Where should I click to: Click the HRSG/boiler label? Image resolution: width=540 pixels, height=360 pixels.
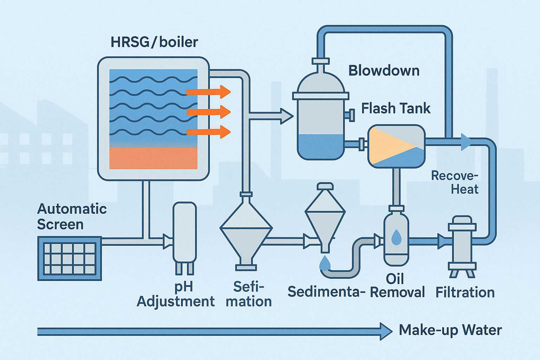[154, 42]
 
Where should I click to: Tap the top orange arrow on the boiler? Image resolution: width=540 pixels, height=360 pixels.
[208, 92]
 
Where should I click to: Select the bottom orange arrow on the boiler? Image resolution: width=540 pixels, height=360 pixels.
[208, 132]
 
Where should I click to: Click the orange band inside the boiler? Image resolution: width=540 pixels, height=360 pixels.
[153, 158]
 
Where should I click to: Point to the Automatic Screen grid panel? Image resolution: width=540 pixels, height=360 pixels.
[70, 258]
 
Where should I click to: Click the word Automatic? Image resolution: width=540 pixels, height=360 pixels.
[72, 209]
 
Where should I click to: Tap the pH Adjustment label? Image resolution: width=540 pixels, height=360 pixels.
[175, 294]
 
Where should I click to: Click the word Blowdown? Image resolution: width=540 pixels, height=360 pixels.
[384, 71]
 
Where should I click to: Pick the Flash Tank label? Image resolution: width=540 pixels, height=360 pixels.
[396, 108]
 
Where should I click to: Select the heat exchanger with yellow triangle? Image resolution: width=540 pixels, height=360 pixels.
[396, 146]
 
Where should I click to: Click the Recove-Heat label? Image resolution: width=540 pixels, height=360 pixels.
[455, 182]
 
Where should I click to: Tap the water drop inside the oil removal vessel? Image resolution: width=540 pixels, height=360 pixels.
[396, 237]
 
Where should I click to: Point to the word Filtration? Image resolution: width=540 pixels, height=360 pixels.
[465, 292]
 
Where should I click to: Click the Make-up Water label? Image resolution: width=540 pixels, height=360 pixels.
[450, 330]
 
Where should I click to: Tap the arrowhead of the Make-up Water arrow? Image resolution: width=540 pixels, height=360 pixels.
[386, 332]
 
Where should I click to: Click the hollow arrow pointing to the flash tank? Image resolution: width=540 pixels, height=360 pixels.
[285, 116]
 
